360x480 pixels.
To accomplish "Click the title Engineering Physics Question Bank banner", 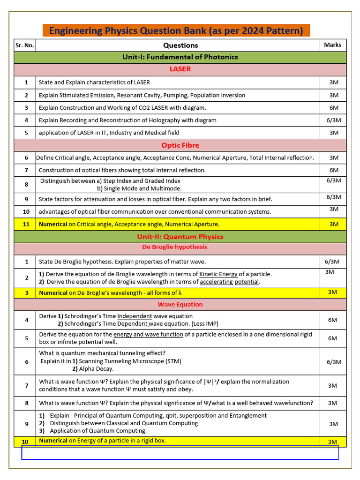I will [x=176, y=31].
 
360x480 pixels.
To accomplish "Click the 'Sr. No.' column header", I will [x=25, y=45].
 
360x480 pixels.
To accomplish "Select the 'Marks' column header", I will [x=333, y=45].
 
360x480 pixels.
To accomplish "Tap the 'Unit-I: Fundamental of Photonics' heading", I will [x=180, y=57].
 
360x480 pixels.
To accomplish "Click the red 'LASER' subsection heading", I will [x=180, y=69].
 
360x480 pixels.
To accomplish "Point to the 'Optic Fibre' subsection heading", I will [x=180, y=145].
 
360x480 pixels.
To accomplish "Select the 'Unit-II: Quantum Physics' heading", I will [x=180, y=237].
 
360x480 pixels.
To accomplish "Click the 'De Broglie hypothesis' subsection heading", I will [x=174, y=247].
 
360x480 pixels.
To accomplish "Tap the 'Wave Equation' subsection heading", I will [x=180, y=305].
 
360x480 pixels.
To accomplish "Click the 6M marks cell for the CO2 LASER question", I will [x=334, y=108].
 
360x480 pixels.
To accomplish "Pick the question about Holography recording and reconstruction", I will [x=127, y=120].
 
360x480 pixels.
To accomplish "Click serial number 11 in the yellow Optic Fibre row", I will [x=26, y=225].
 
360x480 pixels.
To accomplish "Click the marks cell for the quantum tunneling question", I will [x=334, y=362].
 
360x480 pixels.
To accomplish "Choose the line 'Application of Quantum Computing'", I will [x=98, y=431].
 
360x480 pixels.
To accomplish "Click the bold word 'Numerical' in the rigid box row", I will [x=53, y=441].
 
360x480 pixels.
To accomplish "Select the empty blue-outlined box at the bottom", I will [x=180, y=452].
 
